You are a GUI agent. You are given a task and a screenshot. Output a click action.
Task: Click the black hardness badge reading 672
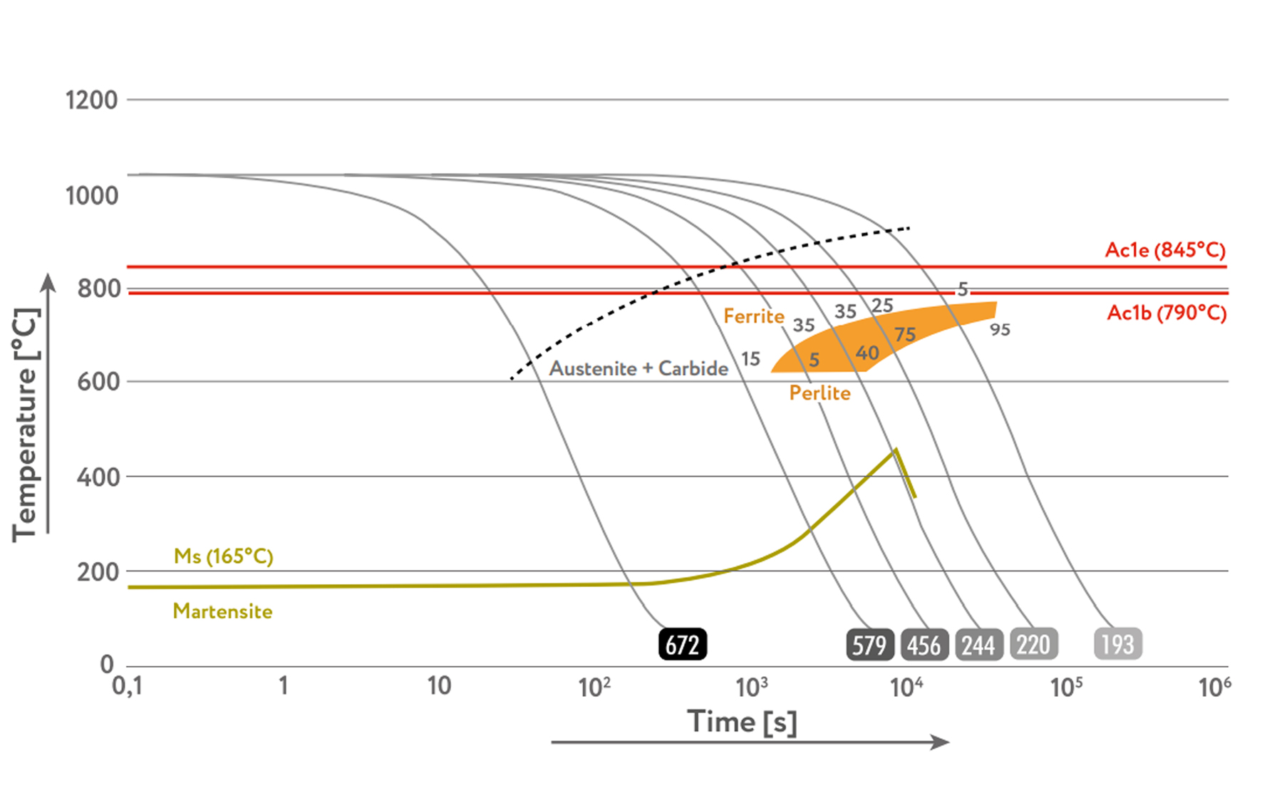[x=683, y=644]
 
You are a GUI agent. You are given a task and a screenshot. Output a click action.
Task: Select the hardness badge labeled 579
[x=870, y=645]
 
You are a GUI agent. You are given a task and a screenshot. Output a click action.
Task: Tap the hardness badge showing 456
[x=924, y=645]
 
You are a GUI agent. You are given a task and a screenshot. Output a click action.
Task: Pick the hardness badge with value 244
[x=978, y=645]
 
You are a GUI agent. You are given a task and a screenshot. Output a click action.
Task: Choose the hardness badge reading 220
[x=1033, y=645]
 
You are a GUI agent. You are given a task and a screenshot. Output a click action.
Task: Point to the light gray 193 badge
[x=1117, y=644]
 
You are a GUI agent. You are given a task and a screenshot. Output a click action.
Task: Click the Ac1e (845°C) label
[x=1165, y=250]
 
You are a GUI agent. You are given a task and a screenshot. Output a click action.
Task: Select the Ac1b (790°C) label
[x=1167, y=313]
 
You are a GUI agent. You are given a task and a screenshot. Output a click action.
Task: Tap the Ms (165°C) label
[x=223, y=556]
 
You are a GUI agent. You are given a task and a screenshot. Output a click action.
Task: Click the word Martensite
[x=222, y=611]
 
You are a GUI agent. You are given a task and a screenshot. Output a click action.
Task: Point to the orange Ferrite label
[x=753, y=316]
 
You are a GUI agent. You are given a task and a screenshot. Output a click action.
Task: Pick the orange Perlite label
[x=819, y=393]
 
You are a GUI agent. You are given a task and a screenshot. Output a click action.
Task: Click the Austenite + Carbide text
[x=638, y=368]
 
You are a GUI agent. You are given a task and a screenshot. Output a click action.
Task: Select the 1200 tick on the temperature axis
[x=91, y=100]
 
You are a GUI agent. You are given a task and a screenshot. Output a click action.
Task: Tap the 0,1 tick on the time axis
[x=128, y=685]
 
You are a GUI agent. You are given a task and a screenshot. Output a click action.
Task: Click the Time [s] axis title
[x=742, y=722]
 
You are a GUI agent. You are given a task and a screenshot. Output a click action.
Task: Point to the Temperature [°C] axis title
[x=26, y=425]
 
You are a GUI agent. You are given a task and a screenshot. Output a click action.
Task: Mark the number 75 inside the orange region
[x=905, y=334]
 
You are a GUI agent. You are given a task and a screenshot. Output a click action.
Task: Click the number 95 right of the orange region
[x=1000, y=329]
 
